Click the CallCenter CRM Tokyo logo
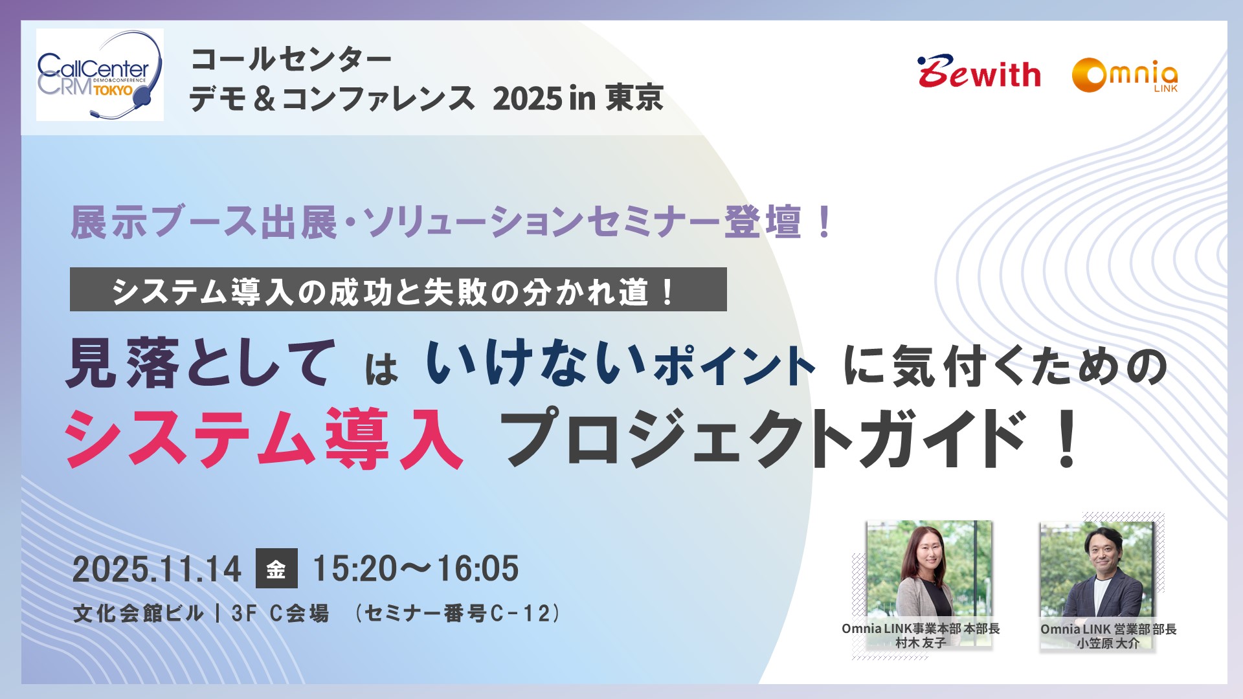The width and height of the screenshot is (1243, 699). (x=100, y=75)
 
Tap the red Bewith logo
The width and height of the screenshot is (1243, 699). (x=979, y=72)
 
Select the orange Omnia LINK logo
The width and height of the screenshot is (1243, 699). (x=1125, y=76)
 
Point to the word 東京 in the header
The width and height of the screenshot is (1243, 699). (x=634, y=98)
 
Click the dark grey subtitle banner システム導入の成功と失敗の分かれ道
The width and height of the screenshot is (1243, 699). (x=398, y=289)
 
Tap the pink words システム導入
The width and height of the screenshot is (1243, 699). (x=264, y=438)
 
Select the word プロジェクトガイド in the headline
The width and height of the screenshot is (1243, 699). (x=764, y=438)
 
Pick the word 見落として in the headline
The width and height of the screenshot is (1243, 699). (x=201, y=364)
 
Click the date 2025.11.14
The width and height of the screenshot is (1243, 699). (x=157, y=570)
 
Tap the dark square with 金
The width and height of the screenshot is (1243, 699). (x=276, y=568)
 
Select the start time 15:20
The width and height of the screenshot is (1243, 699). (x=355, y=569)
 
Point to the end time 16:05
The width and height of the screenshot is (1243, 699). (x=478, y=569)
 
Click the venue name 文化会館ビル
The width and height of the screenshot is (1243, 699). (x=139, y=613)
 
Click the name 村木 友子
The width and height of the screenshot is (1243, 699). (x=921, y=643)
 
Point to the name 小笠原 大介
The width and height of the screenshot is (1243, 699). (x=1108, y=643)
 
